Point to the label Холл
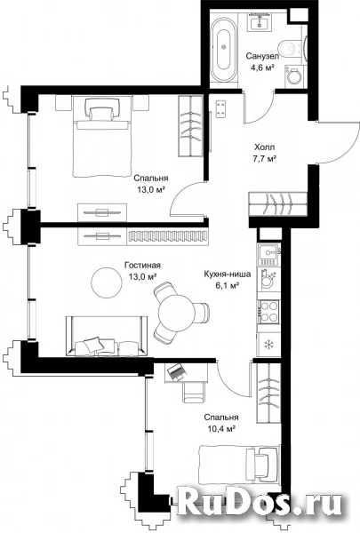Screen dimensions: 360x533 (x=264, y=147)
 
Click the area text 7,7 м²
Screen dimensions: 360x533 (x=264, y=158)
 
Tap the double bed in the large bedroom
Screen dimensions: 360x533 (x=102, y=137)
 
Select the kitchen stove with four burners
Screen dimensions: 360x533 (x=268, y=312)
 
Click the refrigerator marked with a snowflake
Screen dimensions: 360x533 (x=268, y=345)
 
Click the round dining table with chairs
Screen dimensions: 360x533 (x=176, y=312)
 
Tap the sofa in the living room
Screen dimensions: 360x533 (x=107, y=336)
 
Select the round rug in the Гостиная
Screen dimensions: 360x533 (x=107, y=282)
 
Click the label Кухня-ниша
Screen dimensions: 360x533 (x=228, y=274)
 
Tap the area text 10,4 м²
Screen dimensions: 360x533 (x=221, y=429)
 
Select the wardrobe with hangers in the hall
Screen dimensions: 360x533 (x=279, y=203)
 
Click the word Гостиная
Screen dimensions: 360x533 (x=142, y=265)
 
